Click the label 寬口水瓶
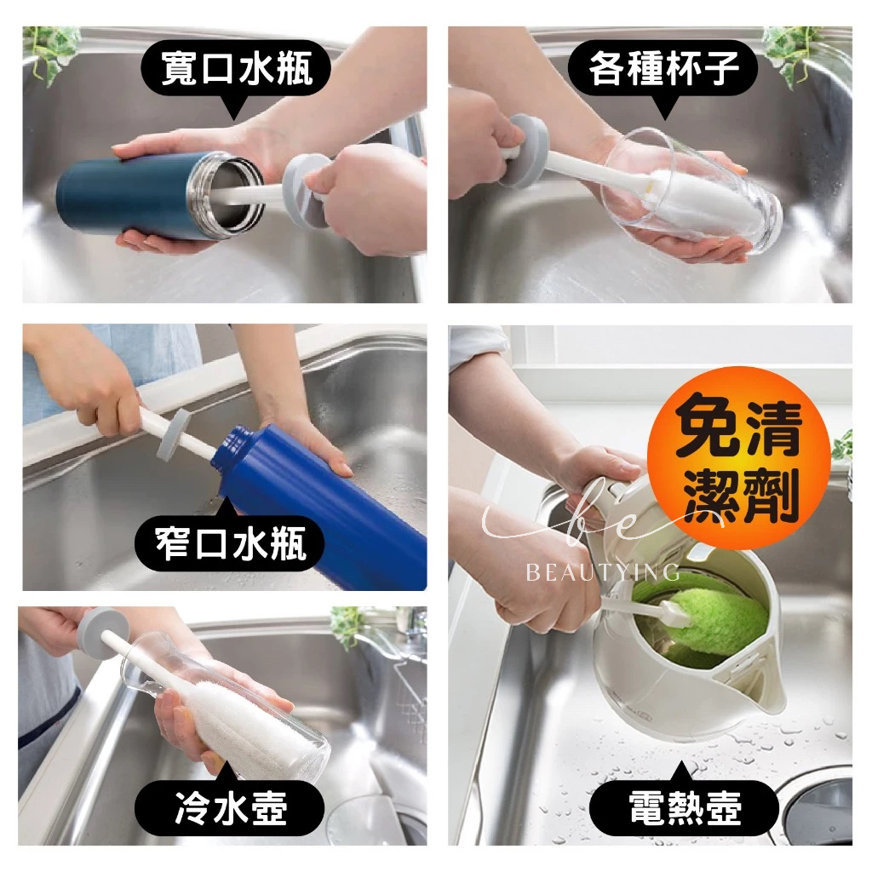click(237, 68)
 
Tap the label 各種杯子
click(663, 68)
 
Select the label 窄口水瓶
click(230, 544)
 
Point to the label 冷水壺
click(230, 807)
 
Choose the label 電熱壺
click(685, 807)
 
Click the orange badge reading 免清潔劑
click(740, 457)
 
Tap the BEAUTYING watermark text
click(602, 572)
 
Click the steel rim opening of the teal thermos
click(226, 192)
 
